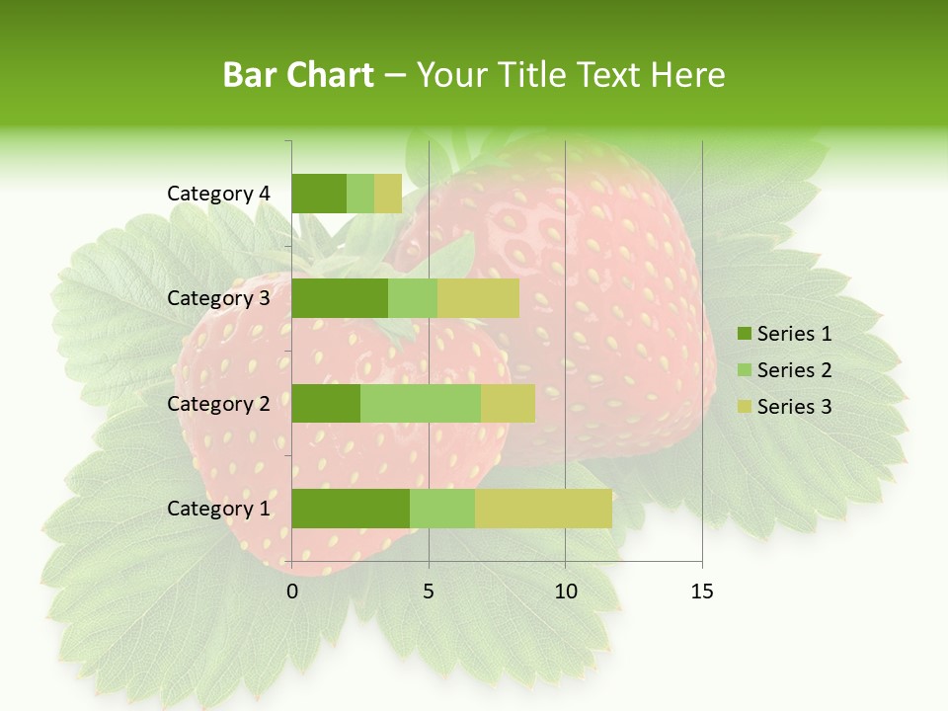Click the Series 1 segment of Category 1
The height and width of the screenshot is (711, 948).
tap(351, 509)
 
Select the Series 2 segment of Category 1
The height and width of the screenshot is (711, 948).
tap(442, 509)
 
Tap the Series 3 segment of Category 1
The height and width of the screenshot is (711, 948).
tap(543, 509)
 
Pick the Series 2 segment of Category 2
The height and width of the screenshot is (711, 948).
tap(421, 404)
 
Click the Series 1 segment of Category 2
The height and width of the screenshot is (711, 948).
tap(326, 404)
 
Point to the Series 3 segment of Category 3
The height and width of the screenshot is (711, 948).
tap(478, 298)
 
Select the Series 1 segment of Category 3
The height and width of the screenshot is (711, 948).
tap(340, 298)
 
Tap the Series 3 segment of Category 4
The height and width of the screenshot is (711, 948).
tap(388, 194)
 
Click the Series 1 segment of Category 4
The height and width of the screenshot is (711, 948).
tap(319, 194)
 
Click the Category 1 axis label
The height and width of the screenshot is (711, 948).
tap(218, 509)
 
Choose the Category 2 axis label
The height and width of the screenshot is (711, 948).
tap(218, 404)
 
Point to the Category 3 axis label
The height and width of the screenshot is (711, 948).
tap(218, 298)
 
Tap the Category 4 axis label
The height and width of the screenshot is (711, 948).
tap(218, 194)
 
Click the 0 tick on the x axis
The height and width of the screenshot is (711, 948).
tap(292, 592)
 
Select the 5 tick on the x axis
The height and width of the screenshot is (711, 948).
tap(429, 592)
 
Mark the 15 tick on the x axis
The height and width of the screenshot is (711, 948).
tap(701, 592)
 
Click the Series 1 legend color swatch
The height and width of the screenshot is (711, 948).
tap(744, 334)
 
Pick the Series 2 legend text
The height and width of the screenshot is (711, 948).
tap(794, 370)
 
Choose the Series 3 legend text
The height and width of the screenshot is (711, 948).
tap(794, 407)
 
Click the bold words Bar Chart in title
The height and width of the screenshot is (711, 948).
tap(297, 75)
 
